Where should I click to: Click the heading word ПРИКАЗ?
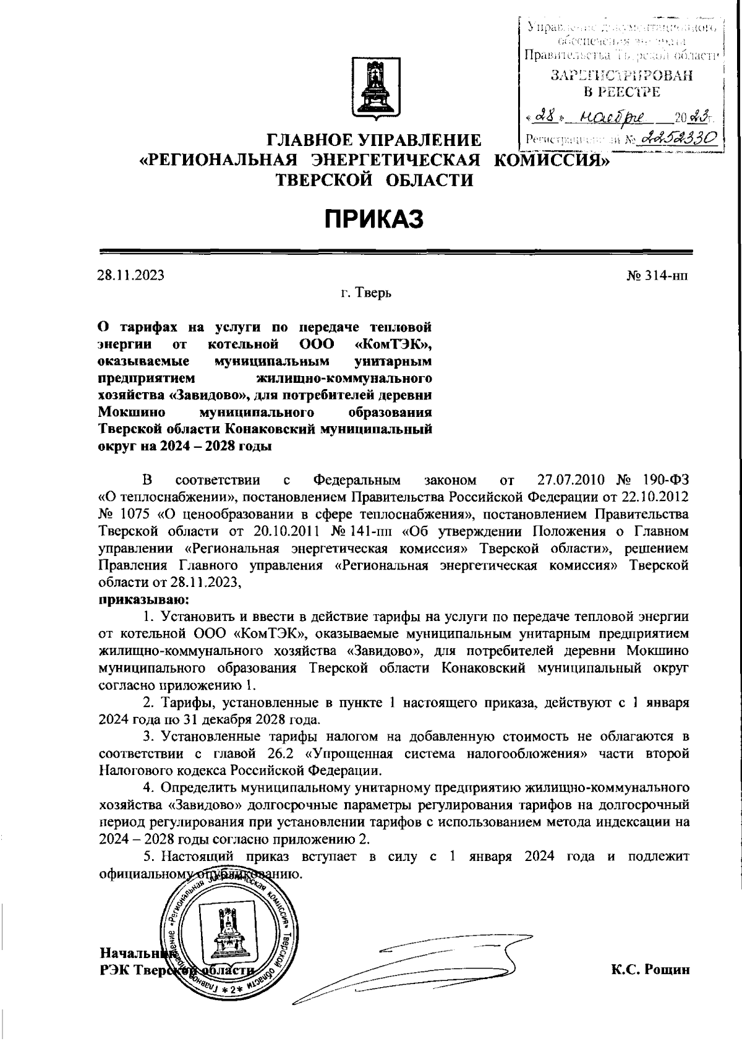pyautogui.click(x=374, y=219)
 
